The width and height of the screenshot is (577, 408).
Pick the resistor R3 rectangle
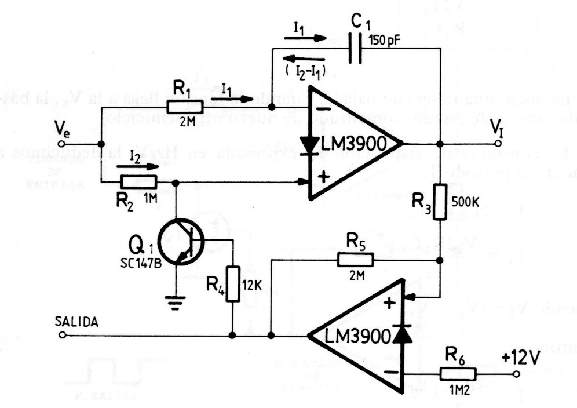click(x=440, y=202)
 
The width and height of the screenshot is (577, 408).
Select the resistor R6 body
click(x=458, y=374)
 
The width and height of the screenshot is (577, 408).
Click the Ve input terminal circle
click(x=62, y=143)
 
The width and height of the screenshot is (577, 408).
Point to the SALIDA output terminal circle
click(x=62, y=335)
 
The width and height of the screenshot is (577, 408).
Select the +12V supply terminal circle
click(x=517, y=374)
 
